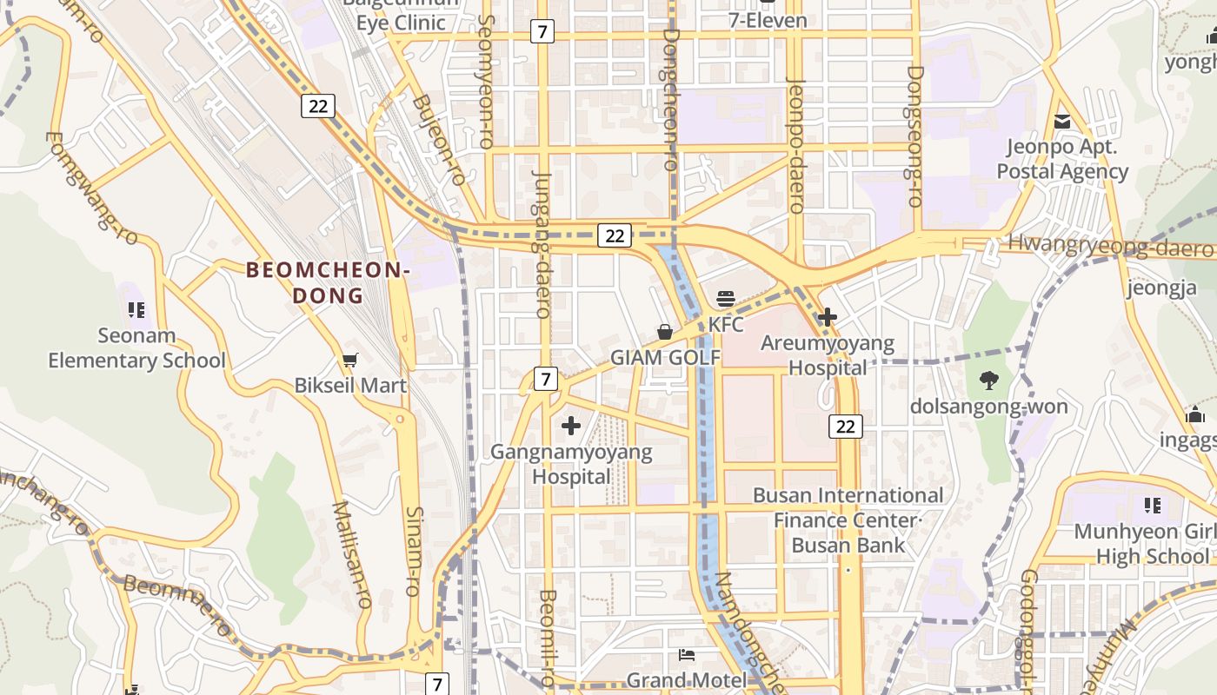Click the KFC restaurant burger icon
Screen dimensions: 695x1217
point(726,299)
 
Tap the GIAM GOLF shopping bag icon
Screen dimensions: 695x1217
point(665,332)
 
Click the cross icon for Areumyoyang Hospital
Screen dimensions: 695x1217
point(828,317)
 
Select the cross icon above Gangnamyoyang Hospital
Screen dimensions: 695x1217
point(571,426)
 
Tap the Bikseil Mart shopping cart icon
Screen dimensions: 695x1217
point(349,360)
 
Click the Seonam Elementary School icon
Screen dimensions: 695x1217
point(136,309)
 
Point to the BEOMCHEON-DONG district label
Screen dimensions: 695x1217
point(328,282)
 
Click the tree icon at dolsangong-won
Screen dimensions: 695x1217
point(988,380)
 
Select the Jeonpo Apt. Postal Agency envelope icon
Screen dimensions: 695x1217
point(1062,122)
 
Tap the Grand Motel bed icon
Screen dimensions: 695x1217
point(687,655)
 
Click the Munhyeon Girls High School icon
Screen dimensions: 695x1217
point(1153,505)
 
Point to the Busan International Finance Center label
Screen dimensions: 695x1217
point(848,495)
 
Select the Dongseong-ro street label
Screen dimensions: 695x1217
point(914,136)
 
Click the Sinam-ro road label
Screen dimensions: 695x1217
point(414,551)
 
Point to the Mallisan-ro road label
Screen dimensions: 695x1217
point(352,553)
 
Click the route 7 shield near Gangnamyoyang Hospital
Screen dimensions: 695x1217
point(545,379)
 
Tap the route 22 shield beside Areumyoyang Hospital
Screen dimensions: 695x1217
point(846,426)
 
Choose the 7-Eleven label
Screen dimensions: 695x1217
point(768,20)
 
